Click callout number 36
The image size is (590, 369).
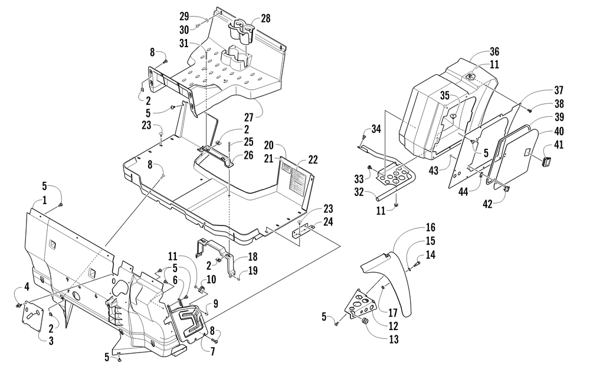tap(494, 51)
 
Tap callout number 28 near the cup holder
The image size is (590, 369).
tap(265, 18)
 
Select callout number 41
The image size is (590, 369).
tap(559, 145)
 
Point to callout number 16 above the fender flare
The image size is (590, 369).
tap(431, 227)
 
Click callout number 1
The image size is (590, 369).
tap(44, 200)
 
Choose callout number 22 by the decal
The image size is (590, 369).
tap(313, 159)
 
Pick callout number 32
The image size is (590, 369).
tap(359, 192)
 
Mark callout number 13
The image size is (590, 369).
tap(394, 339)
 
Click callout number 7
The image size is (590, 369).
tap(212, 352)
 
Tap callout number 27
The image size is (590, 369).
tap(249, 117)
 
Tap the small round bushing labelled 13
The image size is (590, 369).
tap(364, 323)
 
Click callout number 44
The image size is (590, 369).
tap(463, 192)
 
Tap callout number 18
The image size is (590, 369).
tap(253, 257)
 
